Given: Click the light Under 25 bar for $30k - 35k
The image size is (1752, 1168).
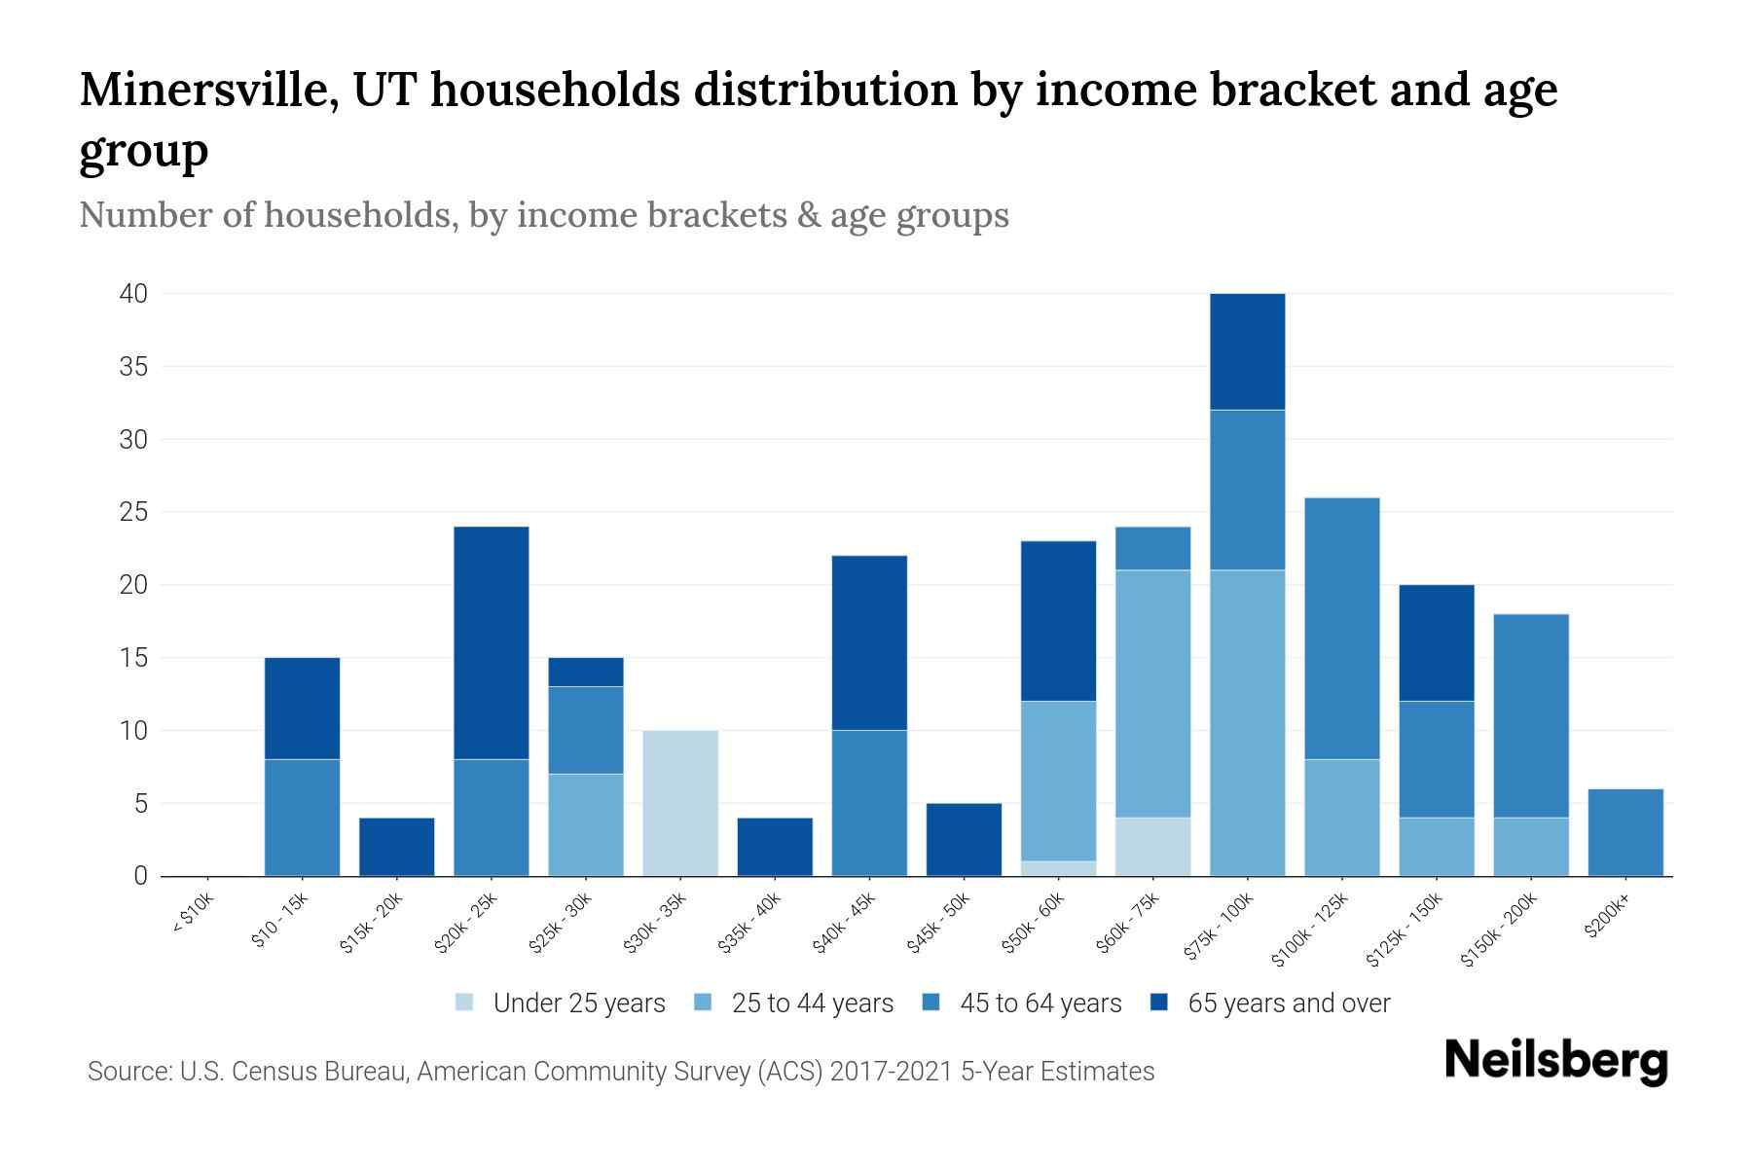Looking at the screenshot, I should pyautogui.click(x=680, y=803).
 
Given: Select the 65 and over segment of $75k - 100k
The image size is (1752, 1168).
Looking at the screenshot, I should pyautogui.click(x=1247, y=351).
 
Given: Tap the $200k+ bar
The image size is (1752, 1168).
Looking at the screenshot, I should pyautogui.click(x=1624, y=832).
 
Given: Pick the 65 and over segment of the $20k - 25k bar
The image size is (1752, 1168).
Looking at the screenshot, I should pyautogui.click(x=492, y=642).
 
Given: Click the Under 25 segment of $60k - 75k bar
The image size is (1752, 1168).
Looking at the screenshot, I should pyautogui.click(x=1152, y=846).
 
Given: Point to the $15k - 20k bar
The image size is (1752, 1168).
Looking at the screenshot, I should pyautogui.click(x=397, y=847).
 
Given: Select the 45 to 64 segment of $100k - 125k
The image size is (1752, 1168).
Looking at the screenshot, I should pyautogui.click(x=1341, y=629).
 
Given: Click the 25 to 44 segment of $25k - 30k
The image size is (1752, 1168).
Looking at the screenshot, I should pyautogui.click(x=586, y=824).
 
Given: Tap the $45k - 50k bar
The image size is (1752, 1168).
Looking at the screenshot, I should pyautogui.click(x=964, y=839).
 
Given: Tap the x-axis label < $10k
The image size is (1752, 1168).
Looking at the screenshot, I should pyautogui.click(x=193, y=915).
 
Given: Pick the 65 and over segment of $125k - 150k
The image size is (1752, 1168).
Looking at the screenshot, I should pyautogui.click(x=1436, y=642).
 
